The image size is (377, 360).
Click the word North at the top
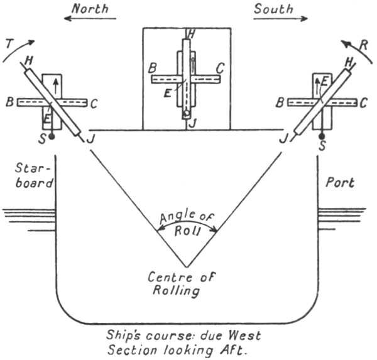tap(89, 8)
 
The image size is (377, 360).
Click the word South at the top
tap(274, 8)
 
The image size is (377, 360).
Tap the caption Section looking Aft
tap(185, 349)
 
